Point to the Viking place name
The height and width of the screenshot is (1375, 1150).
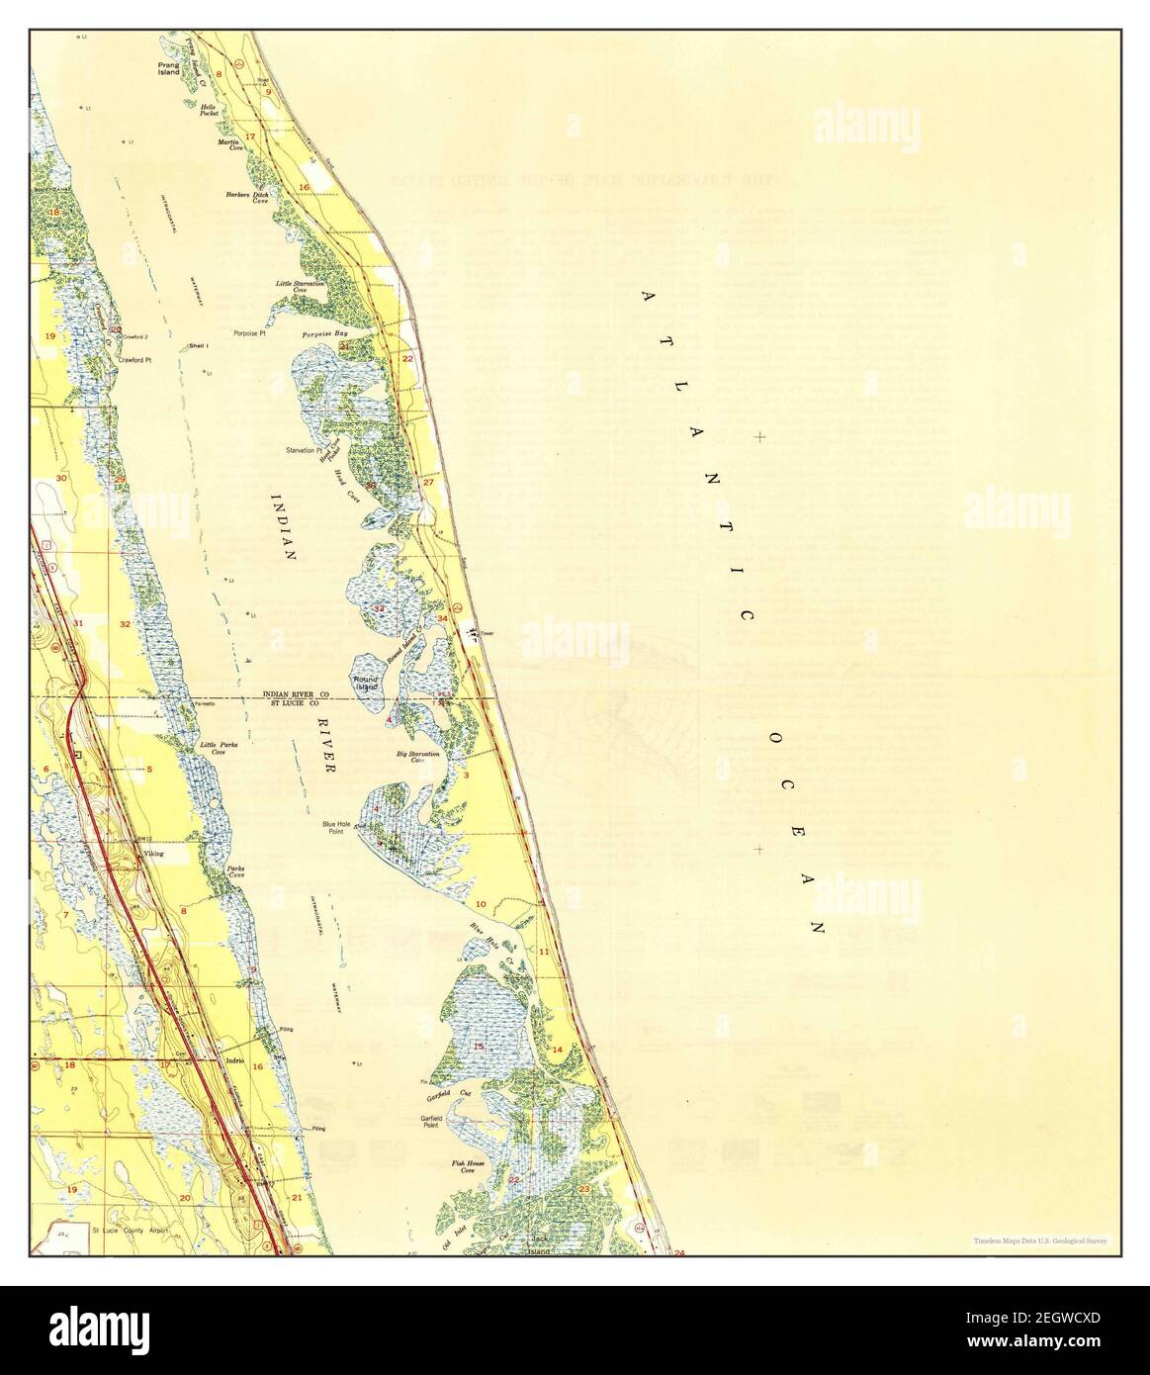coord(152,852)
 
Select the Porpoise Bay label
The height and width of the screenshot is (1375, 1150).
coord(328,333)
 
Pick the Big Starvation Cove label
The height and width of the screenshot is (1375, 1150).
coord(417,756)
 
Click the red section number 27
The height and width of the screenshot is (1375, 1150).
coord(428,482)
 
